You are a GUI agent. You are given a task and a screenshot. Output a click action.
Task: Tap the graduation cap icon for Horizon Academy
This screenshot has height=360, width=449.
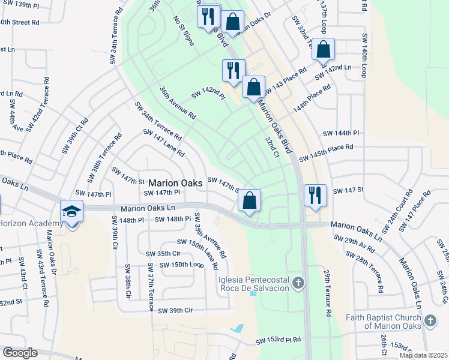71,212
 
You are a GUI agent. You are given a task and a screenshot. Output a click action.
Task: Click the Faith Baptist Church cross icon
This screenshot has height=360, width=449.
430,320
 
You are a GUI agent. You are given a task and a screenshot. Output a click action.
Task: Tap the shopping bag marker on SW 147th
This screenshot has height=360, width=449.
250,200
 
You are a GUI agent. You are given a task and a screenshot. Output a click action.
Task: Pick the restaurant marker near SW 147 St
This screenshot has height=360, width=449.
315,195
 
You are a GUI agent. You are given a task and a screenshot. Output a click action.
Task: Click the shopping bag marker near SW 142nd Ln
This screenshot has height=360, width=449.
323,49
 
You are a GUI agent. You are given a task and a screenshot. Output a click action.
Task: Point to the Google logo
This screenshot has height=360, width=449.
19,353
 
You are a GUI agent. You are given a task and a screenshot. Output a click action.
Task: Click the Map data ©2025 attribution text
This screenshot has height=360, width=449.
423,355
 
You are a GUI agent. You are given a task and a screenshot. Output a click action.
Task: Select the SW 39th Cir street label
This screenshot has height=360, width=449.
175,310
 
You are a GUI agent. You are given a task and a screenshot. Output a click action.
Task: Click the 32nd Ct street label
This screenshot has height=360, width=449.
273,146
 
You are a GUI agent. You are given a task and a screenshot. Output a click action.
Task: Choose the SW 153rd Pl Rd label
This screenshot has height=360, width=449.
277,340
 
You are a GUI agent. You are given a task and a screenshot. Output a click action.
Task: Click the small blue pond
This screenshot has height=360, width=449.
238,329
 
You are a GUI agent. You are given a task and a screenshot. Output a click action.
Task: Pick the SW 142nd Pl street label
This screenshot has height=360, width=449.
208,94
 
